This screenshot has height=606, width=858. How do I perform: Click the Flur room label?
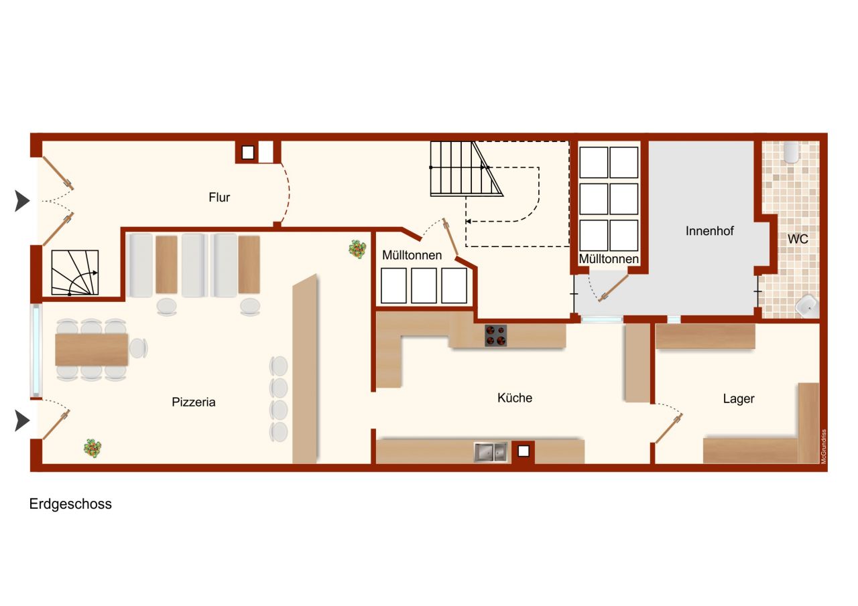219,198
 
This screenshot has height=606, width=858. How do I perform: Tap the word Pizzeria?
194,402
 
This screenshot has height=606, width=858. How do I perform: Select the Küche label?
514,398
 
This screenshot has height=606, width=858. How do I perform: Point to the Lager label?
739,399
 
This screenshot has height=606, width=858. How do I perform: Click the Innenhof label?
709,231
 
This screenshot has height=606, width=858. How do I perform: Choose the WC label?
798,239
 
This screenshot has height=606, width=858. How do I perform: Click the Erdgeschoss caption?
70,504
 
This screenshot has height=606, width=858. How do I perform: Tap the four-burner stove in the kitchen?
495,335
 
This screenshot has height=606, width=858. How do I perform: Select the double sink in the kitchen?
490,452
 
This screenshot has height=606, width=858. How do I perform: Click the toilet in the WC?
791,152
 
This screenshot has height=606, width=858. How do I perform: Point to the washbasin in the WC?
808,305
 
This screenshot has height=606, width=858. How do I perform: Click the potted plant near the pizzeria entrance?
93,447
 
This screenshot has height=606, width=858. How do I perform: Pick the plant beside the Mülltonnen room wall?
357,249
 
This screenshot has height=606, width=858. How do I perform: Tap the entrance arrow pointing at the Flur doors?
22,201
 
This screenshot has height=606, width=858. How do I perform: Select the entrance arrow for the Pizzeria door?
22,421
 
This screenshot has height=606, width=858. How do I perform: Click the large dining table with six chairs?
92,350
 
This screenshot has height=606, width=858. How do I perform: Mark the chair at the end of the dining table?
139,348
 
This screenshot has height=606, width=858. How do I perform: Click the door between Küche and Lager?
669,428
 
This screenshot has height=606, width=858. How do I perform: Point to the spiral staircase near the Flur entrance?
75,273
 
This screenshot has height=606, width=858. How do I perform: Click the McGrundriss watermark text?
824,446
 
